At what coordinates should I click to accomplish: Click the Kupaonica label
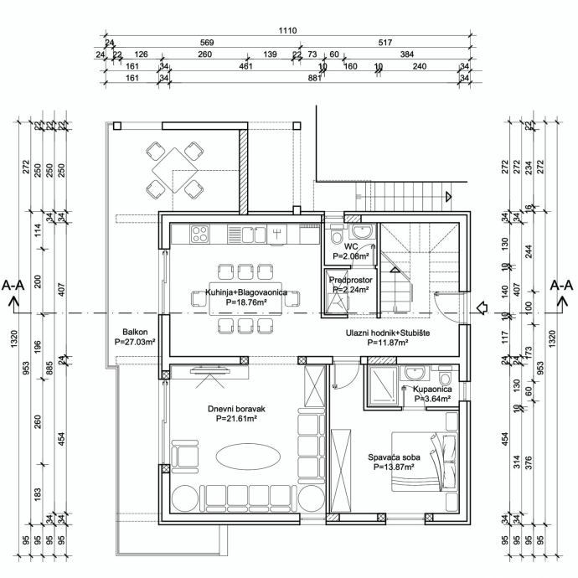pyautogui.click(x=433, y=390)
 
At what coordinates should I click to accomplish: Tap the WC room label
pyautogui.click(x=351, y=247)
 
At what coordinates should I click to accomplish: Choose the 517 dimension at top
pyautogui.click(x=386, y=42)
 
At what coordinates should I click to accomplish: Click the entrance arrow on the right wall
pyautogui.click(x=481, y=309)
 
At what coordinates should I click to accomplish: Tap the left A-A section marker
pyautogui.click(x=13, y=286)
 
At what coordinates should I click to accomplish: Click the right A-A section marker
pyautogui.click(x=560, y=286)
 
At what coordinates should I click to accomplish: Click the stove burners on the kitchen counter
pyautogui.click(x=201, y=232)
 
